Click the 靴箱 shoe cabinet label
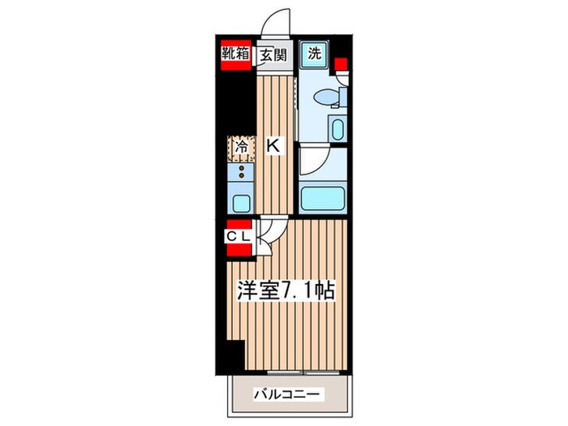(x=237, y=56)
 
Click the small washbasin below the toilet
(x=336, y=128)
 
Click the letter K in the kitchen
(x=273, y=147)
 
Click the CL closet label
(x=237, y=236)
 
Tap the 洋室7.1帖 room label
(x=282, y=290)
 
